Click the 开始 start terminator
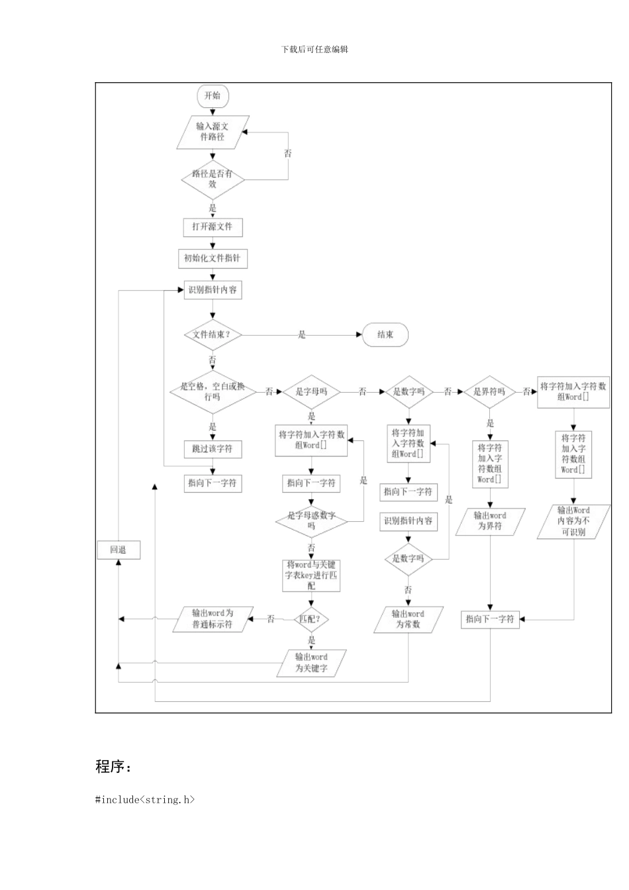212,95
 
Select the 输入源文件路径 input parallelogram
213,132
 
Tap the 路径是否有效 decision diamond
213,179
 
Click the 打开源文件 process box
213,227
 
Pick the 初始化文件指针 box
213,258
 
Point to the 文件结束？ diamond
213,334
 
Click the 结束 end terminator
385,335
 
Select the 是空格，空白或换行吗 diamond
213,391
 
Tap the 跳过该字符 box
213,449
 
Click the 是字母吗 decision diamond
311,392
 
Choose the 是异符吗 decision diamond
489,392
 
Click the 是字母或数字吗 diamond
311,520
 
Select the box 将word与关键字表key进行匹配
311,575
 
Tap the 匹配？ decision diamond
311,619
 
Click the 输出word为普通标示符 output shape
213,619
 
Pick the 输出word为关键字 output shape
311,663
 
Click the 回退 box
119,550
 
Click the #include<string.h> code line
145,800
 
